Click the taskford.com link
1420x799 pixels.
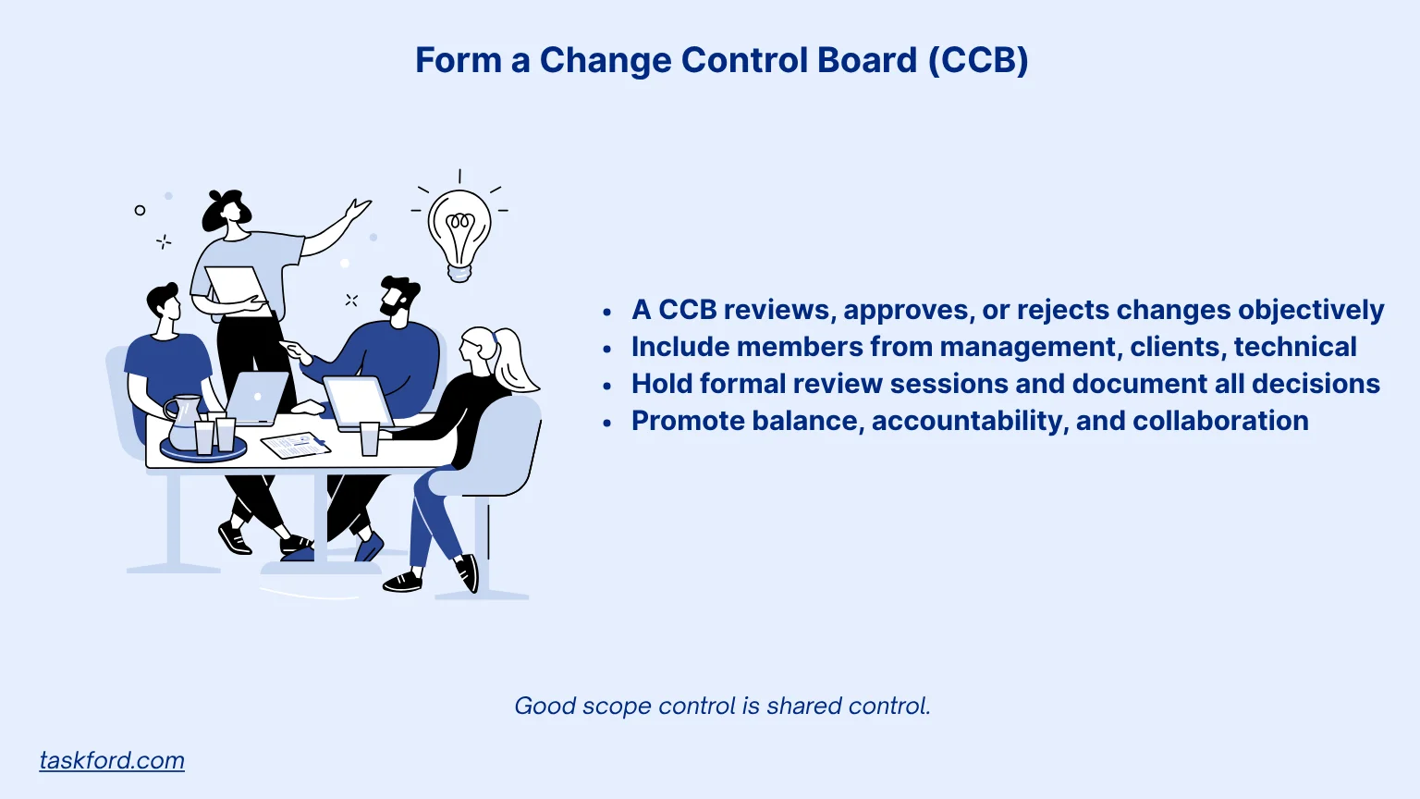112,760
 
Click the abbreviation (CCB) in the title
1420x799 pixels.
978,60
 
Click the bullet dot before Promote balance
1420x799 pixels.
606,423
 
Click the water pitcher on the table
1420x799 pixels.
183,422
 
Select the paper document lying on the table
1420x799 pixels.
296,445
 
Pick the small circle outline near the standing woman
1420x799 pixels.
140,210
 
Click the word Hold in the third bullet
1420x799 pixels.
661,384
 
